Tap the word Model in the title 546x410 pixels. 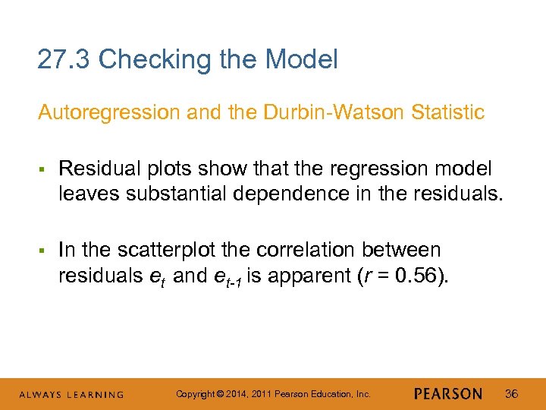click(300, 59)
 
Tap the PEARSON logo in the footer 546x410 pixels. click(448, 394)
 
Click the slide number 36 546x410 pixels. click(512, 393)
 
